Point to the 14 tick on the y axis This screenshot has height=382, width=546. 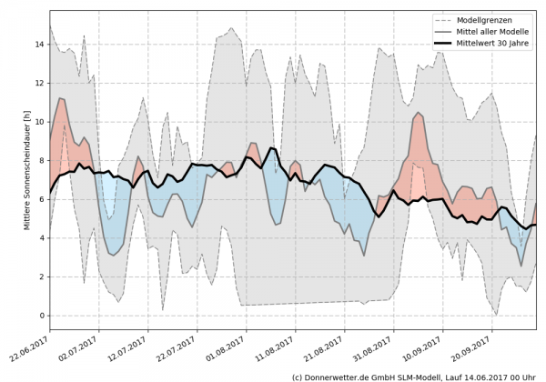[39, 44]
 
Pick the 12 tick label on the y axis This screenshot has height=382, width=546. [39, 83]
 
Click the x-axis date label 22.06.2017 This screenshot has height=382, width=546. [30, 350]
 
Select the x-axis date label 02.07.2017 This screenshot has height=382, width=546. [78, 350]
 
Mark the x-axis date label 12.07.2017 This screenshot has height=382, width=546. [127, 350]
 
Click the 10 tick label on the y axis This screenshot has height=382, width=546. [39, 121]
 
